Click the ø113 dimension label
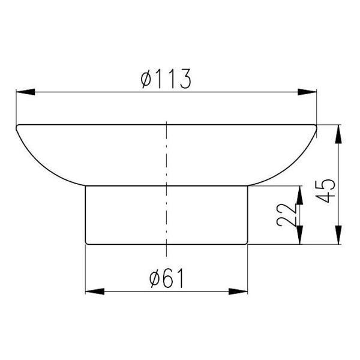point(166,79)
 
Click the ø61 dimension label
point(167,278)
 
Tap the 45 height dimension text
point(326,191)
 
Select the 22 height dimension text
point(287,215)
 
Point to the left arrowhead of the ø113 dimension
point(25,92)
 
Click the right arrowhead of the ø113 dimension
point(307,92)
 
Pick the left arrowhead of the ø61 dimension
point(95,292)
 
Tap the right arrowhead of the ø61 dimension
point(238,292)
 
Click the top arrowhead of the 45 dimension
point(338,134)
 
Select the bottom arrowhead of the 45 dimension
point(338,235)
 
